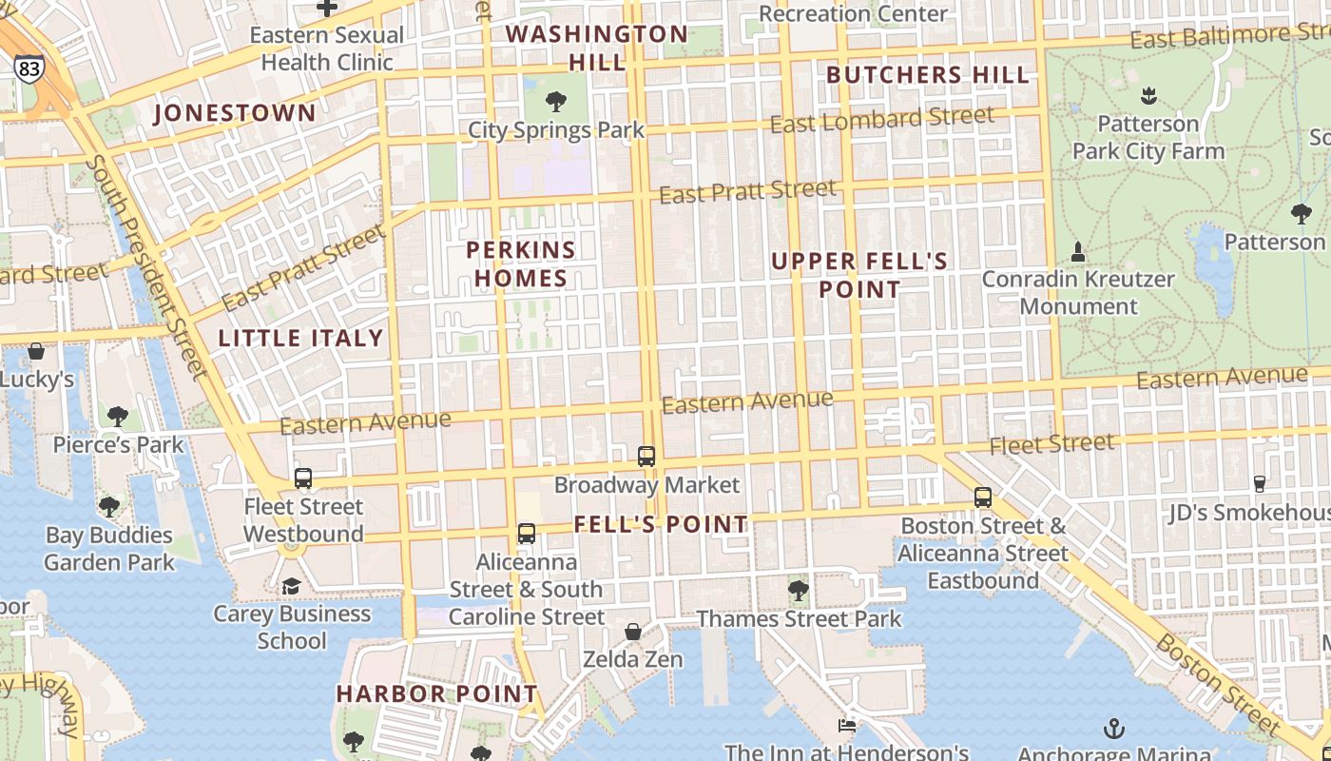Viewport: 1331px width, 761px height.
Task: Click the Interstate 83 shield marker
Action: coord(29,68)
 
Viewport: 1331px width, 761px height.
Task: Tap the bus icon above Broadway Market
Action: coord(646,457)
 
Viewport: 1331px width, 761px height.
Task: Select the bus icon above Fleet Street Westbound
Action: coord(303,478)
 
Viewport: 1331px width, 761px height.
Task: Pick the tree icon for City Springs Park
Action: coord(556,102)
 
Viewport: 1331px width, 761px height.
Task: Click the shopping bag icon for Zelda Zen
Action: coord(633,632)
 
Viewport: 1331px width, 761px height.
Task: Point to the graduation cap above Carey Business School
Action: coord(291,586)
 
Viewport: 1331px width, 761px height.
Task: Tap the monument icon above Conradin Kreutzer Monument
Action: coord(1078,252)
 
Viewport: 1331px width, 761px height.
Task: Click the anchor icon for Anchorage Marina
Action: coord(1113,729)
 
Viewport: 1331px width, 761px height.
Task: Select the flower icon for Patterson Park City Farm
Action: coord(1148,96)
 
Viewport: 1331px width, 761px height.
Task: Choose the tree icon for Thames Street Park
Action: coord(799,591)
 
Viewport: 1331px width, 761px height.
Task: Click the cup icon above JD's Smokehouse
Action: coord(1260,484)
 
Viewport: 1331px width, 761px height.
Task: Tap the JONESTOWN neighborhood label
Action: coord(235,113)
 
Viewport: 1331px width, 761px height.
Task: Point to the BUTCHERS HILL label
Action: coord(928,75)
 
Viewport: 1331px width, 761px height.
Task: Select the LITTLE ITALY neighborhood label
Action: coord(300,338)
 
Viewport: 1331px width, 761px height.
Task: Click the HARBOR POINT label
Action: coord(437,694)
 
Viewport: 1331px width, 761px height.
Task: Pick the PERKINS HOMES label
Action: coord(521,264)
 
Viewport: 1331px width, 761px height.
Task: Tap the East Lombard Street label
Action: coord(882,121)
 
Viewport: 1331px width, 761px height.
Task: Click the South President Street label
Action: coord(146,266)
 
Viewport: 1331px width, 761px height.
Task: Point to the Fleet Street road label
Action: coord(1051,444)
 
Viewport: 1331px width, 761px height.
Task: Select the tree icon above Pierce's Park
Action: coord(118,416)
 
